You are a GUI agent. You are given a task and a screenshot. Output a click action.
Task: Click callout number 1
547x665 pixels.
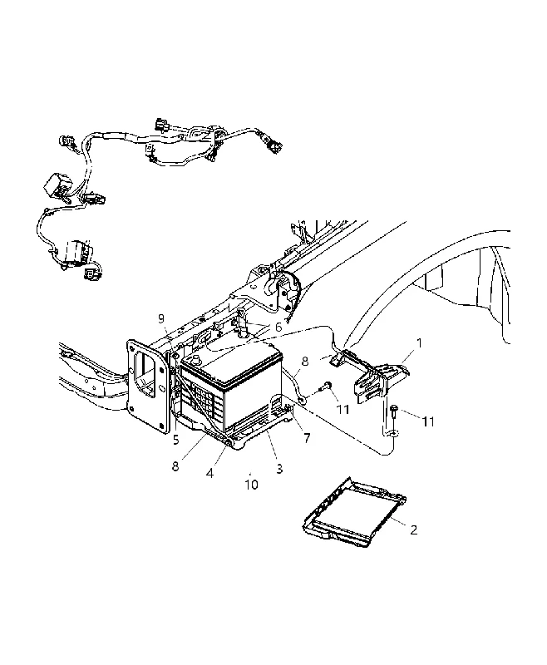pyautogui.click(x=419, y=342)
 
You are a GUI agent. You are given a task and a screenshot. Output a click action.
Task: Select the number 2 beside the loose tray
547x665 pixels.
pyautogui.click(x=413, y=530)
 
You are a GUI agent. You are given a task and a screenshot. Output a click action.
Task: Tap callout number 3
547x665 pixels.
pyautogui.click(x=279, y=469)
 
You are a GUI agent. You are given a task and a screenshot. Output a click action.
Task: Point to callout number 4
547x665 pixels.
pyautogui.click(x=209, y=472)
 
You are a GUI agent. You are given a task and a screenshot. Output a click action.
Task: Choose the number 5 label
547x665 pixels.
pyautogui.click(x=176, y=441)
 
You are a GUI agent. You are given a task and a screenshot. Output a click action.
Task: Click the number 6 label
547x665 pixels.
pyautogui.click(x=278, y=327)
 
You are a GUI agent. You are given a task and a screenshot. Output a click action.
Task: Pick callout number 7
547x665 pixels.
pyautogui.click(x=307, y=438)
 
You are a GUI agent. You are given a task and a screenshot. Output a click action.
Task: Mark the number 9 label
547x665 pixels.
pyautogui.click(x=161, y=319)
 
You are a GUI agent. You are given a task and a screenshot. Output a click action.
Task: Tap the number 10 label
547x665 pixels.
pyautogui.click(x=251, y=485)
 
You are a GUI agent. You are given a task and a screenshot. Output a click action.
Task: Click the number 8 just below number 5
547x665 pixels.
pyautogui.click(x=175, y=465)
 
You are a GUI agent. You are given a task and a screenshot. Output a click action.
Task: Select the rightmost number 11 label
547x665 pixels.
pyautogui.click(x=428, y=421)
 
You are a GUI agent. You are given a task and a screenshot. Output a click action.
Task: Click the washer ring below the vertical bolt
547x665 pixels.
pyautogui.click(x=394, y=432)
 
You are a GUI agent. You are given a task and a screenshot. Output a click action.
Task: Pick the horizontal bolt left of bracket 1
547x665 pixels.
pyautogui.click(x=326, y=386)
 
